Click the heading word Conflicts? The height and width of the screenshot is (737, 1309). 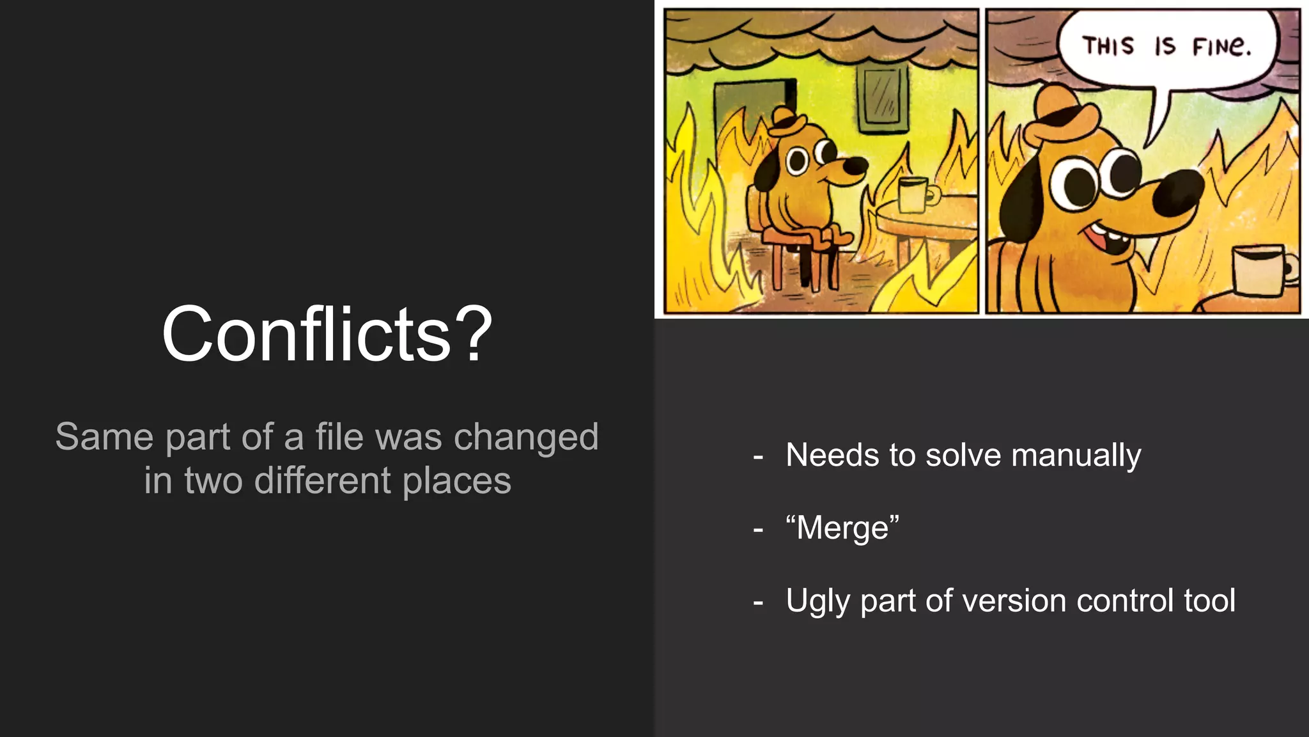[327, 334]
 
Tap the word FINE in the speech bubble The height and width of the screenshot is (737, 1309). [1220, 47]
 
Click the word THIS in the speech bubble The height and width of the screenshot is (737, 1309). [1108, 46]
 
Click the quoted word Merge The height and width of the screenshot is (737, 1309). [842, 528]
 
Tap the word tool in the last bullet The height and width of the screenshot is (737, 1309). [1209, 601]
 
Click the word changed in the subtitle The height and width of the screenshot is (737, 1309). [525, 438]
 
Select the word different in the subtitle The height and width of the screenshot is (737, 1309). [323, 480]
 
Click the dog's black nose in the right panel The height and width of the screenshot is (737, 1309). [1178, 194]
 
